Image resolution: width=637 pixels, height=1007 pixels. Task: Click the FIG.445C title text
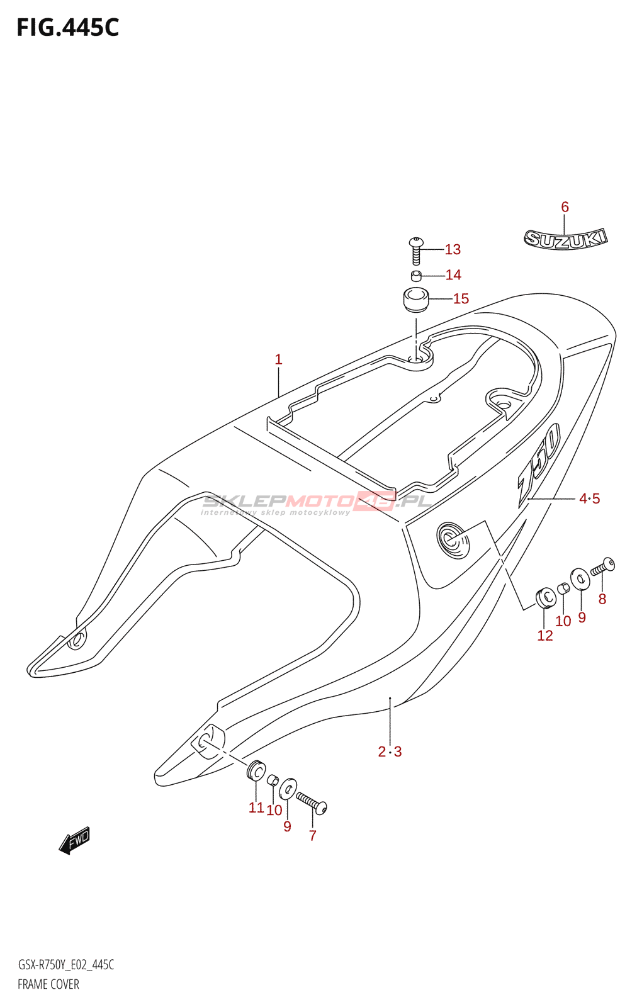tap(68, 28)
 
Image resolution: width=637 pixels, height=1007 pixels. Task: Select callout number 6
tap(565, 207)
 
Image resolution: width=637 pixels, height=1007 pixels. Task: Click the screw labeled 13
tap(416, 251)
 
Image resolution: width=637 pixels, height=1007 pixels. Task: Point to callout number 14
tap(453, 274)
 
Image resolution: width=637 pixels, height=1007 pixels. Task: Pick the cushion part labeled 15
tap(415, 299)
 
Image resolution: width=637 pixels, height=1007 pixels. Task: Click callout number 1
tap(278, 359)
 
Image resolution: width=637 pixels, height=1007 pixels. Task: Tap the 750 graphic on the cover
tap(539, 465)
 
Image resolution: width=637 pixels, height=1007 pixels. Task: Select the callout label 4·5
tap(589, 498)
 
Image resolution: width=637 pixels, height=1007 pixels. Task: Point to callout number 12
tap(545, 635)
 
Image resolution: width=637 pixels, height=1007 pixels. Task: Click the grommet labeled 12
tap(545, 598)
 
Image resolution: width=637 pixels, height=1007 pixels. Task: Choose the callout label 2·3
tap(390, 751)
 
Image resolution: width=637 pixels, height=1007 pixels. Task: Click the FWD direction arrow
tap(75, 840)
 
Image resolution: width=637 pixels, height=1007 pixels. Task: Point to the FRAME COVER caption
tap(48, 984)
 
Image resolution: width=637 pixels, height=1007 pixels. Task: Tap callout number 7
tap(313, 835)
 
